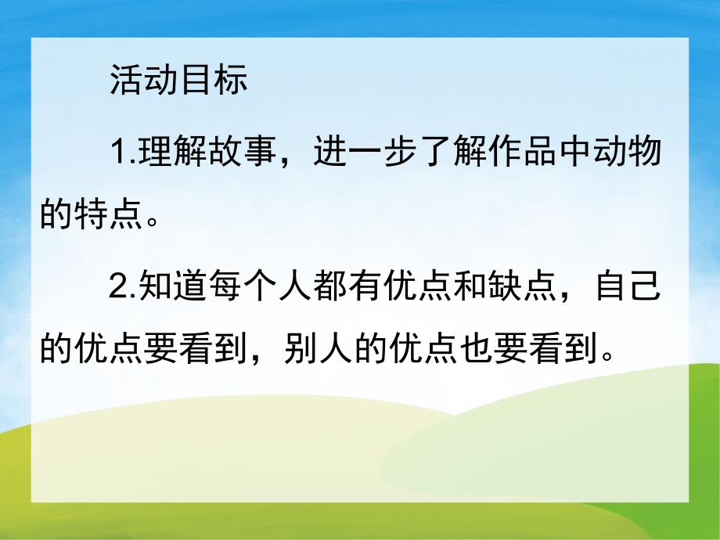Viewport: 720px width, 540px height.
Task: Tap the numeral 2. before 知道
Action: (124, 291)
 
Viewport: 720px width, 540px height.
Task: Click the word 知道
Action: (172, 291)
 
